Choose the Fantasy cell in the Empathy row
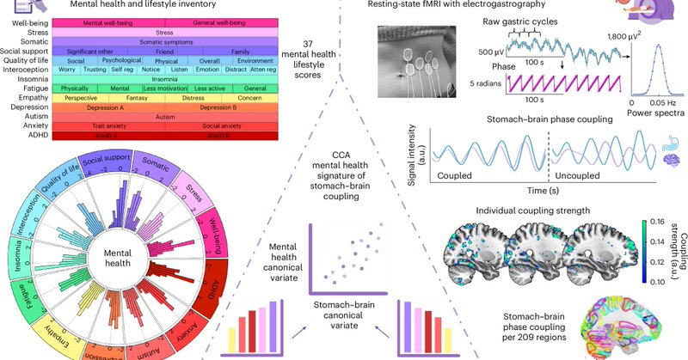tap(138, 98)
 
